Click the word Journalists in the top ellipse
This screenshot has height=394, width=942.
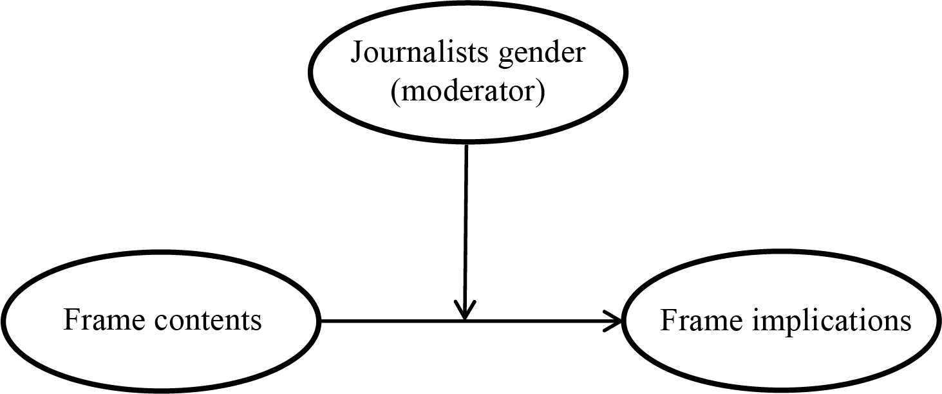(420, 53)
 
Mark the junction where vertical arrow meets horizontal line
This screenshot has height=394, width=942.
(465, 320)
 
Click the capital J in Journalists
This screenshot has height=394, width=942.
(355, 53)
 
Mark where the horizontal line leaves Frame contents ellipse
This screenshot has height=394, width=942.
(320, 320)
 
